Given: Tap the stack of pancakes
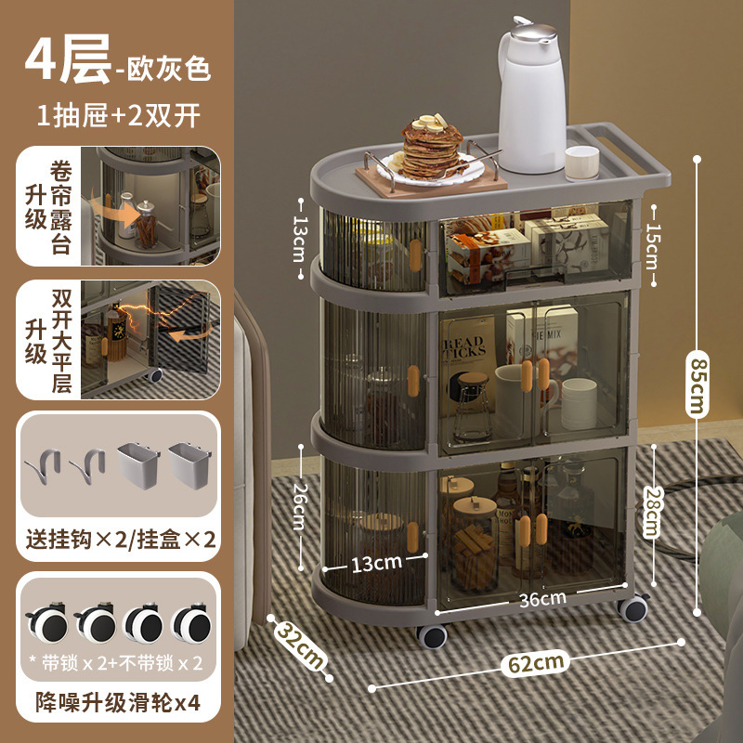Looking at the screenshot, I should coord(432,149).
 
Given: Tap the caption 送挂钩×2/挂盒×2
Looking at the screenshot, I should coord(118,539).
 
